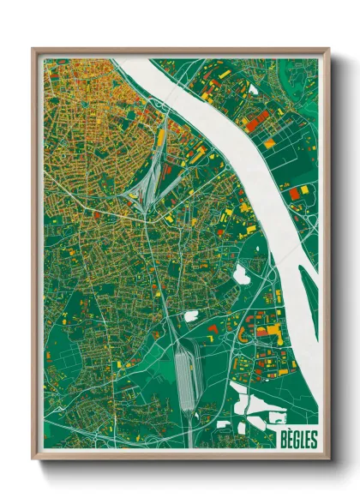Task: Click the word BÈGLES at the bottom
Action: point(297,440)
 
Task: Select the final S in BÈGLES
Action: point(314,440)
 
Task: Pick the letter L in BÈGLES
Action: point(301,440)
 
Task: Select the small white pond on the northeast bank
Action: point(254,87)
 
